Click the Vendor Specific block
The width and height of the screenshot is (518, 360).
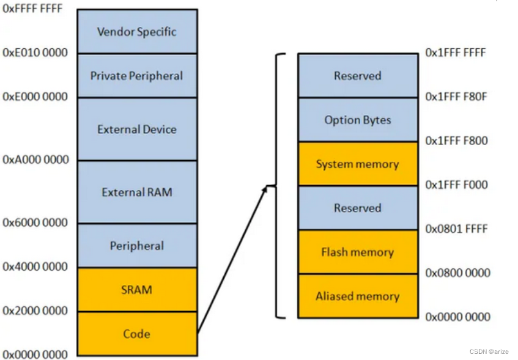137,31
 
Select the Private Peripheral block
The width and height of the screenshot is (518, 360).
137,76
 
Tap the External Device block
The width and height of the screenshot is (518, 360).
137,129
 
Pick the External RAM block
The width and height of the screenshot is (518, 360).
137,192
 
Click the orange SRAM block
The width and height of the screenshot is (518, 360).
137,290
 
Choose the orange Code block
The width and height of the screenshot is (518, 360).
137,334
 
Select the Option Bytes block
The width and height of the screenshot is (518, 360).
357,120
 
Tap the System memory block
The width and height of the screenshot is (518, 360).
357,164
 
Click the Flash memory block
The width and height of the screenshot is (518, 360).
357,252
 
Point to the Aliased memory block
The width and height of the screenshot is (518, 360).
357,296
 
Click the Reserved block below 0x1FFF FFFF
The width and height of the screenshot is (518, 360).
357,76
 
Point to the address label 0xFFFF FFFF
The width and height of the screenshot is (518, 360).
33,10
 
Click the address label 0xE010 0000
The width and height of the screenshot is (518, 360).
34,53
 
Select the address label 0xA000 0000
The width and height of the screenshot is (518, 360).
35,160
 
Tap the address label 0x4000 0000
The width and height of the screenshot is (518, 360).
35,267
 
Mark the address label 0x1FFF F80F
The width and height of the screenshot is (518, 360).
456,97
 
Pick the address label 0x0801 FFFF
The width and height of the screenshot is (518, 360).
457,229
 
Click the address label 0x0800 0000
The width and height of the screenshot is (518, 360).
457,273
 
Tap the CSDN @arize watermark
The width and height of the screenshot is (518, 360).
489,351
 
